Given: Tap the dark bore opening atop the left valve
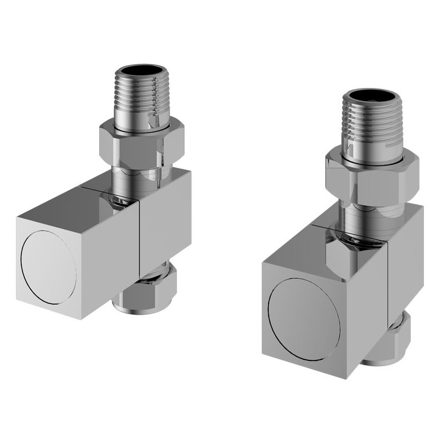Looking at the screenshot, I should click(139, 73).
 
